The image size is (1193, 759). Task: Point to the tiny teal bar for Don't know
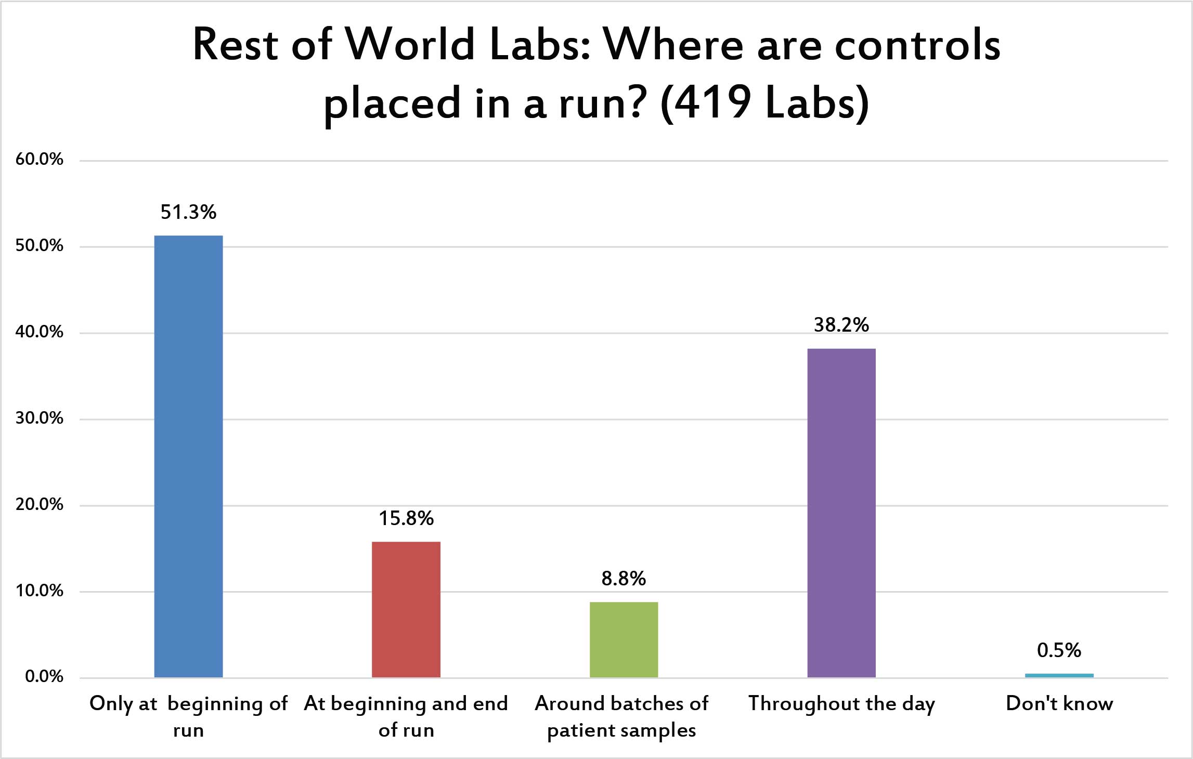(1059, 675)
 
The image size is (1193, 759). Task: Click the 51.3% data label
(188, 212)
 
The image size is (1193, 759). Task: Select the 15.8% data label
(406, 518)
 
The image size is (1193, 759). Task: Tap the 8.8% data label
(624, 579)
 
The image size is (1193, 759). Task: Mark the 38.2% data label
(841, 325)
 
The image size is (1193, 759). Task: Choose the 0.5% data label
(1059, 650)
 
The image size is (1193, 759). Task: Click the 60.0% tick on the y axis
(40, 159)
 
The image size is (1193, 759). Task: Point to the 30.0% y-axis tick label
(40, 418)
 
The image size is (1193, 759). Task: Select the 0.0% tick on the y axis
(44, 676)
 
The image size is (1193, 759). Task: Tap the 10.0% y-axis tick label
(40, 591)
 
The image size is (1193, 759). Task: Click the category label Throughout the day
(841, 704)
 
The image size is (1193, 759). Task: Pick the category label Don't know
(1059, 703)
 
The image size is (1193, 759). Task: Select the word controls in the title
(917, 45)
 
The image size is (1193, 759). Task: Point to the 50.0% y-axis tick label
(40, 245)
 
